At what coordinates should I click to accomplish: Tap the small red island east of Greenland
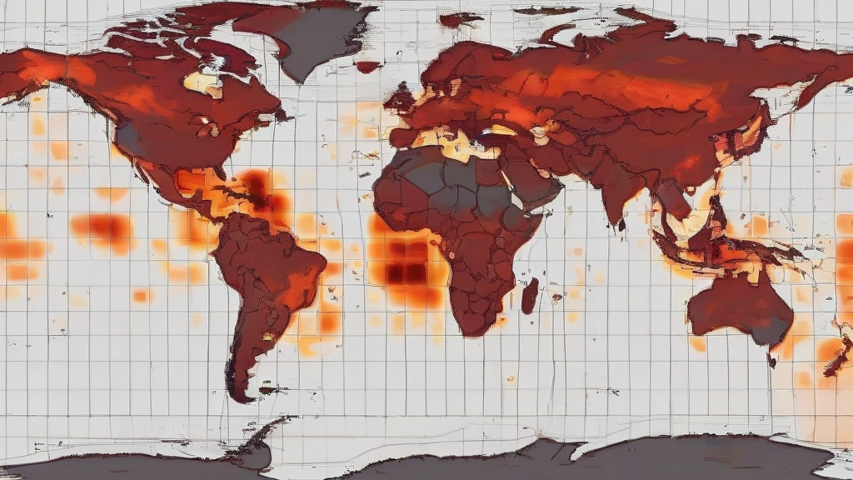point(367,66)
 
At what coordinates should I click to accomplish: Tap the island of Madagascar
point(529,296)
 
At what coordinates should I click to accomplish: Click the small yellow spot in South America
point(268,337)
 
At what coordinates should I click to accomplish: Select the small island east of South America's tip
point(271,389)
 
